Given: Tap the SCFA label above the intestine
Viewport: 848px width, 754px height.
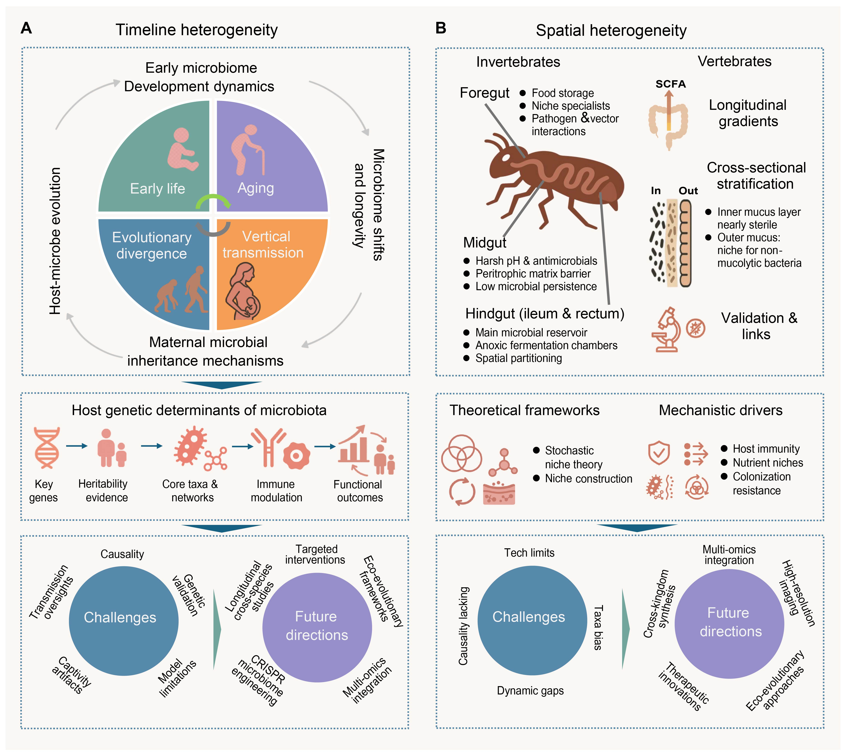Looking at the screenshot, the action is click(670, 84).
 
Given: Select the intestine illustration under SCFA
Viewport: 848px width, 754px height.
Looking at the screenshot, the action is click(668, 120).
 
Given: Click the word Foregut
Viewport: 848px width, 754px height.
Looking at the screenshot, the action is click(484, 93).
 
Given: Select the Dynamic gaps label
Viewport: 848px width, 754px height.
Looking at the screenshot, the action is click(530, 691).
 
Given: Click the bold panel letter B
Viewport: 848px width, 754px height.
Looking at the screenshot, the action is click(441, 28).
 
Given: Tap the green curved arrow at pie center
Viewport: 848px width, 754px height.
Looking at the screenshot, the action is click(213, 201).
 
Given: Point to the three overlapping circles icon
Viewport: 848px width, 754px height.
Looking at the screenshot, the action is click(461, 453).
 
